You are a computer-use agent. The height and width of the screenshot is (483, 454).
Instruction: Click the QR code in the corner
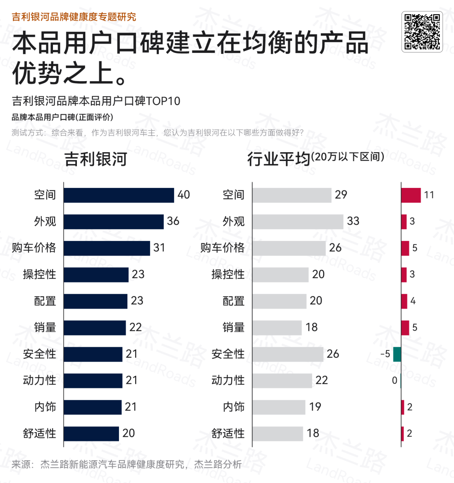click(x=422, y=32)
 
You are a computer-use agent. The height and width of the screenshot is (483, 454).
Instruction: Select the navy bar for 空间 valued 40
click(x=119, y=195)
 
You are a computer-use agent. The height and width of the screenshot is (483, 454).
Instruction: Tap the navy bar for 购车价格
click(x=107, y=248)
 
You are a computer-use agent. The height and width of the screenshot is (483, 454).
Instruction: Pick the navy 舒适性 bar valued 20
click(x=91, y=433)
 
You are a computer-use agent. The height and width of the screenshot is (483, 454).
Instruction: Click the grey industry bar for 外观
click(x=298, y=222)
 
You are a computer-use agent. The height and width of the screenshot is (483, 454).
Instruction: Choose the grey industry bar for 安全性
click(x=288, y=354)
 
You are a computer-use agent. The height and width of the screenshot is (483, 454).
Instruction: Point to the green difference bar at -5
click(x=397, y=354)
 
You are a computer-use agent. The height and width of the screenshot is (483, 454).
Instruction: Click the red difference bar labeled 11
click(x=411, y=195)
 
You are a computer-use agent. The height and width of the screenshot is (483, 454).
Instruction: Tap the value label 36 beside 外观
click(x=173, y=221)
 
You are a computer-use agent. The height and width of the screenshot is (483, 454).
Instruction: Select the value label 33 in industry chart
click(x=353, y=221)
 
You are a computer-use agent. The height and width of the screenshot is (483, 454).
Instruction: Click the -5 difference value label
click(x=385, y=354)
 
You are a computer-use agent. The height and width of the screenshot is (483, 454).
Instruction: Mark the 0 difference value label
click(x=394, y=380)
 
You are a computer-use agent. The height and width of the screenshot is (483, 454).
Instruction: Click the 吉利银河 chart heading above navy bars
click(x=95, y=159)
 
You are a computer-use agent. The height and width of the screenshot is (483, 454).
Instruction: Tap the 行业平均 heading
click(x=278, y=159)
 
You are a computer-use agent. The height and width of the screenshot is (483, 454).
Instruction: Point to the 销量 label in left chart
click(x=45, y=327)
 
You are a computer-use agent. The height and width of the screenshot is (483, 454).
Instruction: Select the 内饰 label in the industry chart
click(x=234, y=407)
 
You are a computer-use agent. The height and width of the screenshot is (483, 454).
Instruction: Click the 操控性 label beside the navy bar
click(x=40, y=274)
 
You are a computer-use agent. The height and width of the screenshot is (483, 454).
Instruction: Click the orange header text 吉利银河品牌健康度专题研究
click(x=74, y=17)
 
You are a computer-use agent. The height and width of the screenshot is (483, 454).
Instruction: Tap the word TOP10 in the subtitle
click(x=163, y=101)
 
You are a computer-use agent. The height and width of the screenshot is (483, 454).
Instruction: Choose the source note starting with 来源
click(x=126, y=464)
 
